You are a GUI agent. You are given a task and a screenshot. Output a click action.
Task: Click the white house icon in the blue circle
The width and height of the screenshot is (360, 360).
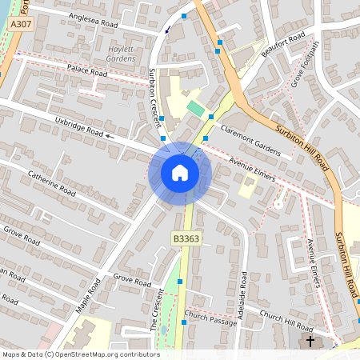click(179, 172)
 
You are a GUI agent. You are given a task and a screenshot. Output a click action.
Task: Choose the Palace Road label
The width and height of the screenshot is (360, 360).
click(87, 72)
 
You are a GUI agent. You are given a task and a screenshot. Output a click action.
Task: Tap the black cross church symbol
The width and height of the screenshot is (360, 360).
click(311, 342)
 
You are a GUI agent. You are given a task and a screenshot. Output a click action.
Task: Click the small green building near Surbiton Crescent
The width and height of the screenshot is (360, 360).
click(196, 108)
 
